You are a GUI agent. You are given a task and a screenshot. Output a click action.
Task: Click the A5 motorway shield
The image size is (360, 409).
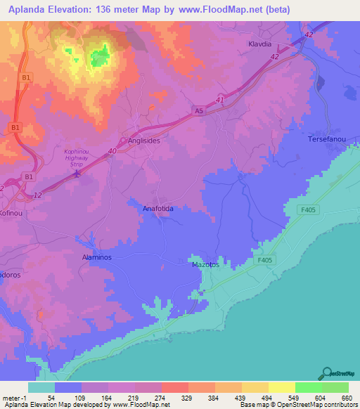tap(199, 110)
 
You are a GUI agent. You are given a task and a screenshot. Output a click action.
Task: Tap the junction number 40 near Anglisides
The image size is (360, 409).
tap(113, 150)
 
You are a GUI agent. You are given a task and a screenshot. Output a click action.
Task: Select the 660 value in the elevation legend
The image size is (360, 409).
tap(347, 398)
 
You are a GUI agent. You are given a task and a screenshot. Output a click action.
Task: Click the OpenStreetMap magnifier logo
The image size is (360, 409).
tap(327, 372)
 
